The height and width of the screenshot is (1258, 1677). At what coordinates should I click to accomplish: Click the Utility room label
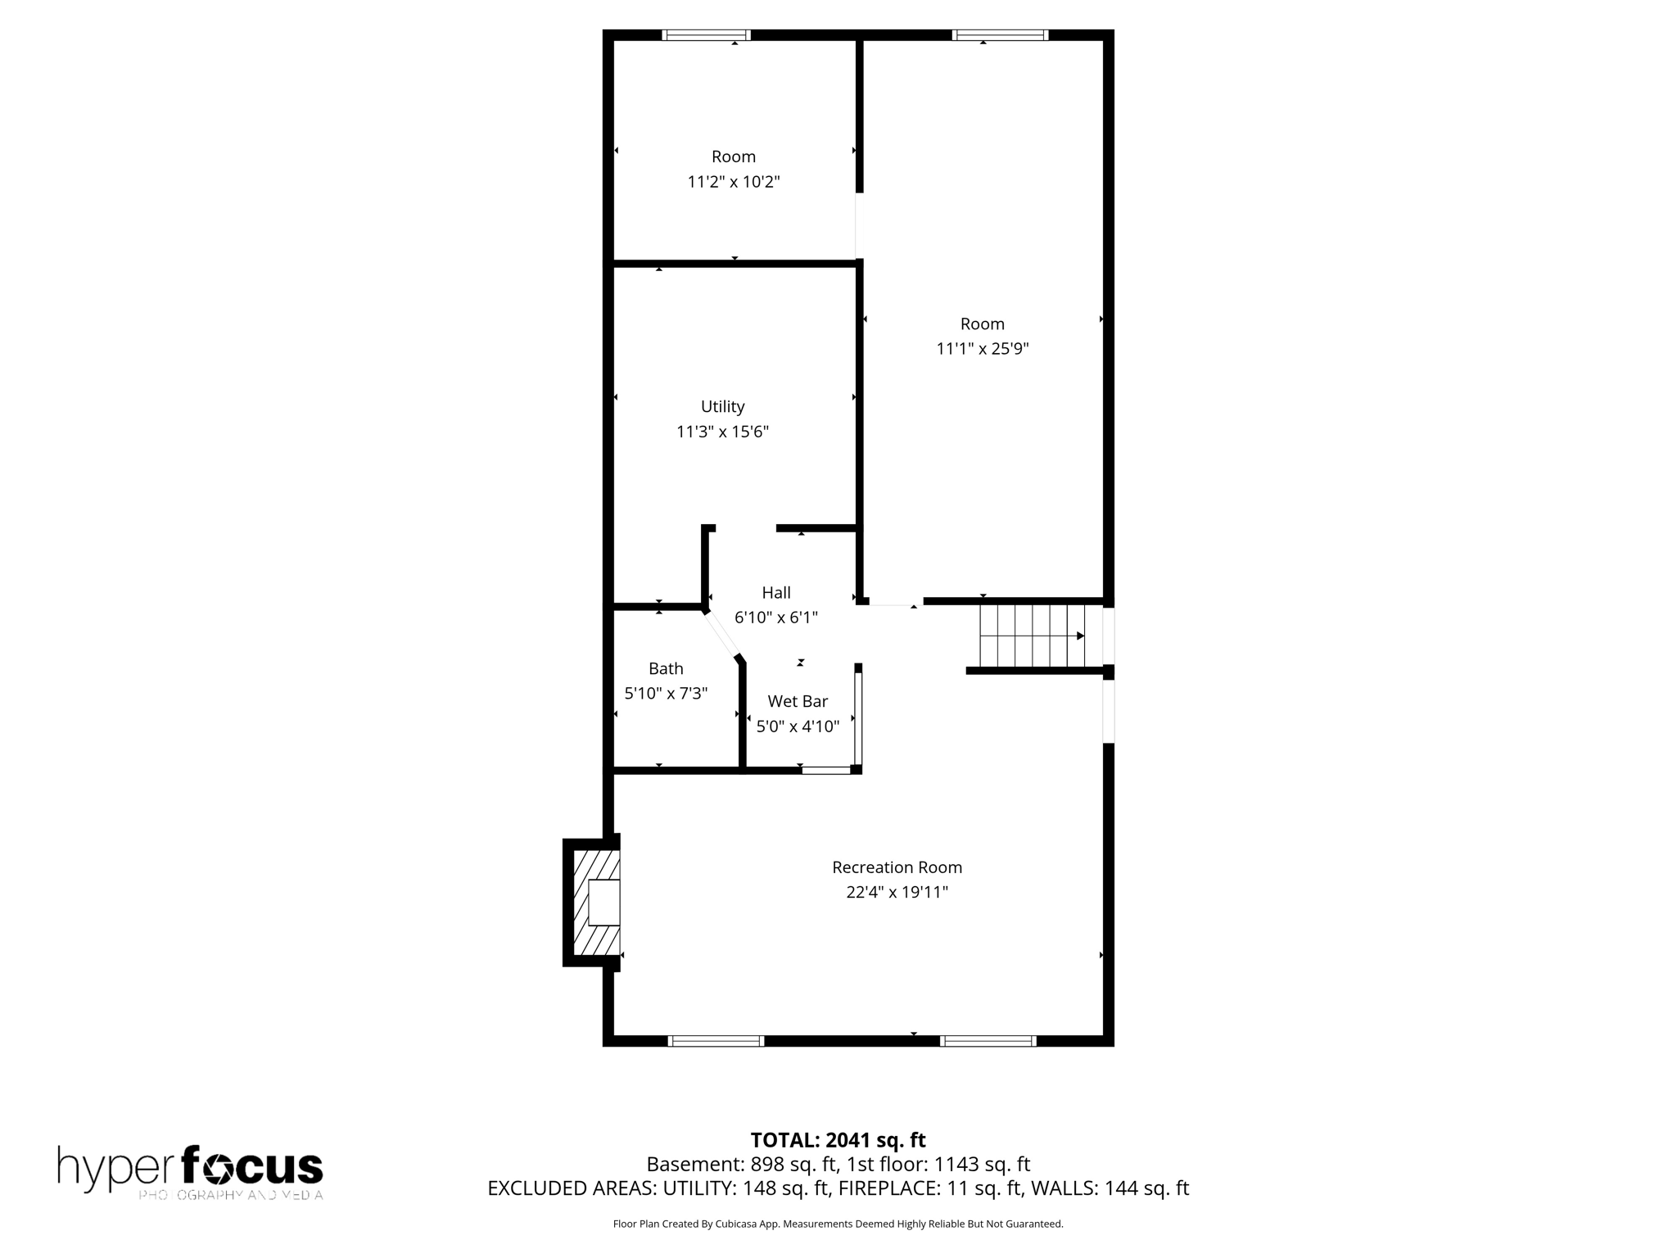[722, 406]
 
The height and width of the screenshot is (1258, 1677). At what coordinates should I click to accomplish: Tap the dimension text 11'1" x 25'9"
[982, 349]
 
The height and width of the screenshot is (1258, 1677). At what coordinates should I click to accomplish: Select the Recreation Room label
[897, 867]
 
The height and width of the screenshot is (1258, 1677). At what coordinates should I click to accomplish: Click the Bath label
[666, 668]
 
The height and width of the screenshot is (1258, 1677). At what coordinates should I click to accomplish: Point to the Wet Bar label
[797, 701]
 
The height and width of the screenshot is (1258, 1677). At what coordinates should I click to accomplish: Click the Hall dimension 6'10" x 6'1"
[775, 618]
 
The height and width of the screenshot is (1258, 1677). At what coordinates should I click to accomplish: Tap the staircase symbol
[1033, 636]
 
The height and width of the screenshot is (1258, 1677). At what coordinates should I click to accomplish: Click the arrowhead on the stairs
[1080, 636]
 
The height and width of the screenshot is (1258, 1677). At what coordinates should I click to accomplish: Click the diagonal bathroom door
[722, 634]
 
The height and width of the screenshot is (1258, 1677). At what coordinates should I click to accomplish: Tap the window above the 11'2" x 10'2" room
[706, 35]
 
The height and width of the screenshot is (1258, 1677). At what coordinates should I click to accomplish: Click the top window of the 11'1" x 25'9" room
[1000, 35]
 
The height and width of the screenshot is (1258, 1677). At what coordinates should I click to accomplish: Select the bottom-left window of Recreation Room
[716, 1041]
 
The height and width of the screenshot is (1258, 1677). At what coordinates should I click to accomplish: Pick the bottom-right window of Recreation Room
[988, 1041]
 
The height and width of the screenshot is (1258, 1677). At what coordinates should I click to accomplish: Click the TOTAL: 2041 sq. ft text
[838, 1140]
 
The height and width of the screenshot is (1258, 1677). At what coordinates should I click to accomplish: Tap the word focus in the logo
[251, 1166]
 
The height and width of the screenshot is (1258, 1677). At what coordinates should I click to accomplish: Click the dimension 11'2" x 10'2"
[733, 182]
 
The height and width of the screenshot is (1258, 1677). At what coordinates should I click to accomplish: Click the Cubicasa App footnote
[838, 1224]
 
